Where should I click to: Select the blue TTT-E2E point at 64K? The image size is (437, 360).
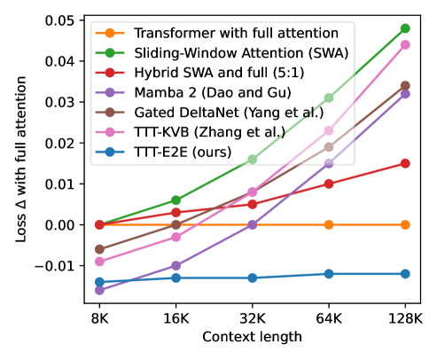point(329,274)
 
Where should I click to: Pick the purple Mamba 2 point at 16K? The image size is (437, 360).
point(176,265)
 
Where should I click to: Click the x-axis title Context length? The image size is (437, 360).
point(252,338)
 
